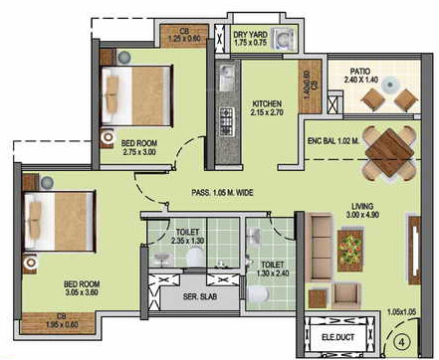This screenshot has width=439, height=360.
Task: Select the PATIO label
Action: click(361, 71)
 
